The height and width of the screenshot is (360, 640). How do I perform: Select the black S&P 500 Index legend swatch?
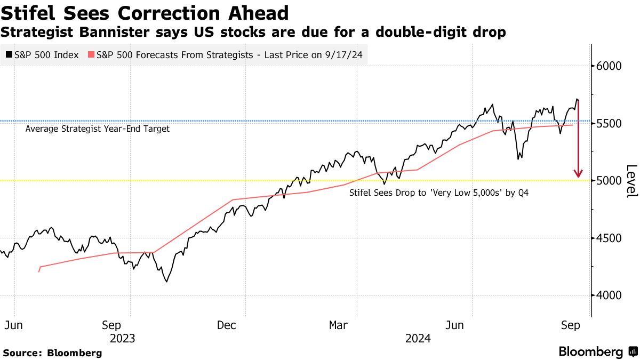tap(9, 55)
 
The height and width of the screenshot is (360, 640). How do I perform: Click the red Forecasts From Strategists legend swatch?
tap(91, 55)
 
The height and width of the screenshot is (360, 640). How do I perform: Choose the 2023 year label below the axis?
tap(122, 338)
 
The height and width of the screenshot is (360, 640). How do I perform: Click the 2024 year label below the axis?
tap(418, 338)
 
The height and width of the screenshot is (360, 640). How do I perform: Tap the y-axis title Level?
tap(631, 180)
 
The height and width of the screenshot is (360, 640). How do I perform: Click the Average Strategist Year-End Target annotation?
tap(98, 129)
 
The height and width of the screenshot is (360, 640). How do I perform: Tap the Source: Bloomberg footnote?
tap(52, 353)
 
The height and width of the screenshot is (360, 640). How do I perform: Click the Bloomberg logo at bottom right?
tap(597, 352)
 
